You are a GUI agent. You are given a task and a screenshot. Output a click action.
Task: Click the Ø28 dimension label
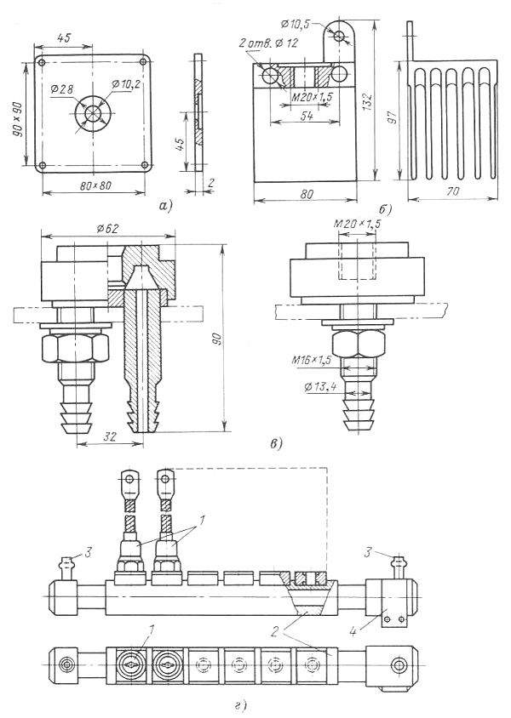[x=61, y=90]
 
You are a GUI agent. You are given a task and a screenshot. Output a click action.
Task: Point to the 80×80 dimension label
[x=94, y=186]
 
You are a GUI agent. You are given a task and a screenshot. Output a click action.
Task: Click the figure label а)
[x=164, y=206]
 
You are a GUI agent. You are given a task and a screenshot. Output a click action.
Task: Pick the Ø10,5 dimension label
[x=298, y=21]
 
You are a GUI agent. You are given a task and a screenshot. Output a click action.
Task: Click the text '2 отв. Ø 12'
[x=268, y=43]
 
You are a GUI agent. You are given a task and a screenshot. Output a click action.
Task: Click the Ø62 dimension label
[x=108, y=228]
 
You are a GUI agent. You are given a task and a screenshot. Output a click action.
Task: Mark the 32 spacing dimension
[x=110, y=437]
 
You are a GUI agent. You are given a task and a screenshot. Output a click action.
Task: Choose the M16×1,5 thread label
[x=311, y=361]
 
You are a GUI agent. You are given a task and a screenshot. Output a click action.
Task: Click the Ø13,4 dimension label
[x=320, y=388]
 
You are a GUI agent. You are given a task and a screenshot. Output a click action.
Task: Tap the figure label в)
[x=276, y=443]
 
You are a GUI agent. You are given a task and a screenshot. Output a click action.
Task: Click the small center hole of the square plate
[x=94, y=114]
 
